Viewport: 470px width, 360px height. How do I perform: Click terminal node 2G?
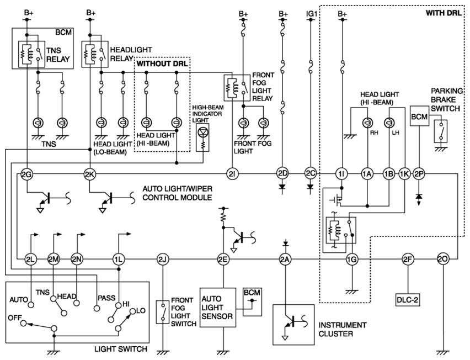click(x=26, y=174)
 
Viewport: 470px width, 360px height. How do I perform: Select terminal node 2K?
click(x=89, y=174)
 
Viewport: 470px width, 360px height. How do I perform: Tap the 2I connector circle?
click(x=232, y=174)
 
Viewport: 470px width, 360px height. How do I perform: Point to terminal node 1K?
click(x=404, y=174)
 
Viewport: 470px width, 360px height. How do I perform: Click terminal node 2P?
click(x=419, y=174)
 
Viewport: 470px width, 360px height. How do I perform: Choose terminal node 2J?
click(x=163, y=259)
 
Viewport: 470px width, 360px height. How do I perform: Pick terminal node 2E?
click(x=223, y=259)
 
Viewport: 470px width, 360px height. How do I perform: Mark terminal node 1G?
click(x=351, y=259)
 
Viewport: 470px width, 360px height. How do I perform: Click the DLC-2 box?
click(x=407, y=300)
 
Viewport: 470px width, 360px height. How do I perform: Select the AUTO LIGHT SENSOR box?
click(x=218, y=308)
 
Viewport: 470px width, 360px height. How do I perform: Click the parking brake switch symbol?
click(x=441, y=131)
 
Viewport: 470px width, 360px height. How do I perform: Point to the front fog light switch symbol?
click(x=163, y=312)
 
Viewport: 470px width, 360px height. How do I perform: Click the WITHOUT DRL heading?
click(x=162, y=63)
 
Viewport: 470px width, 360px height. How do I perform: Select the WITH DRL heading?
click(x=444, y=13)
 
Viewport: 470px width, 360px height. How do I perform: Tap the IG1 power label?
click(x=312, y=14)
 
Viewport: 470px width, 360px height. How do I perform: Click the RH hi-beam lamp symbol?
click(x=367, y=123)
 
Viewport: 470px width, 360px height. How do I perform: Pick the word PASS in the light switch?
click(x=106, y=298)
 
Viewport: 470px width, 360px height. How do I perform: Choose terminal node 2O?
click(x=443, y=259)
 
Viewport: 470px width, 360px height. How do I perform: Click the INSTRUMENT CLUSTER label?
click(x=343, y=330)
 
